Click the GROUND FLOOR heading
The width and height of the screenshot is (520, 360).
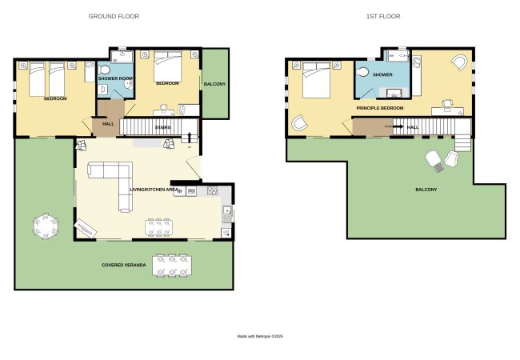[114, 16]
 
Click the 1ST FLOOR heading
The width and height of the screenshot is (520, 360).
[383, 16]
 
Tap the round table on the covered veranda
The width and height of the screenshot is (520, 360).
[46, 226]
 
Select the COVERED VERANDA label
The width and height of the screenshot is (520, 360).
[124, 265]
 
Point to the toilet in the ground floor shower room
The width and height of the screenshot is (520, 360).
[105, 70]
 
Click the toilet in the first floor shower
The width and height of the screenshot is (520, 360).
[362, 72]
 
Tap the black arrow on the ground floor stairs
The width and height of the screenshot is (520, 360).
[190, 137]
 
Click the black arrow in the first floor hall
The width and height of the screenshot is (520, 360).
[398, 126]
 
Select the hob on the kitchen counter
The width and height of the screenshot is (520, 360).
[212, 190]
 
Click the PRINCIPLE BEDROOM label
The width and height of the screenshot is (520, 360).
[380, 108]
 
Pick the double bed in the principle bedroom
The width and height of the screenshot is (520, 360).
[316, 79]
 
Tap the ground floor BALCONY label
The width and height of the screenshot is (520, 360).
[214, 84]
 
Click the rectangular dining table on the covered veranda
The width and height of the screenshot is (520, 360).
[172, 265]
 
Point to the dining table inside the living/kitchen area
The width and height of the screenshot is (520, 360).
[158, 227]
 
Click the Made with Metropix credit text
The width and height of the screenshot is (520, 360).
[260, 336]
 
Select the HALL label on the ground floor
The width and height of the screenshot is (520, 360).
[108, 124]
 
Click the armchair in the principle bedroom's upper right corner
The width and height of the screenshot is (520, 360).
[459, 62]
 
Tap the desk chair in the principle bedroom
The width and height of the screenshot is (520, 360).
[447, 103]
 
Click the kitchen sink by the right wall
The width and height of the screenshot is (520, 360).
[227, 214]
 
